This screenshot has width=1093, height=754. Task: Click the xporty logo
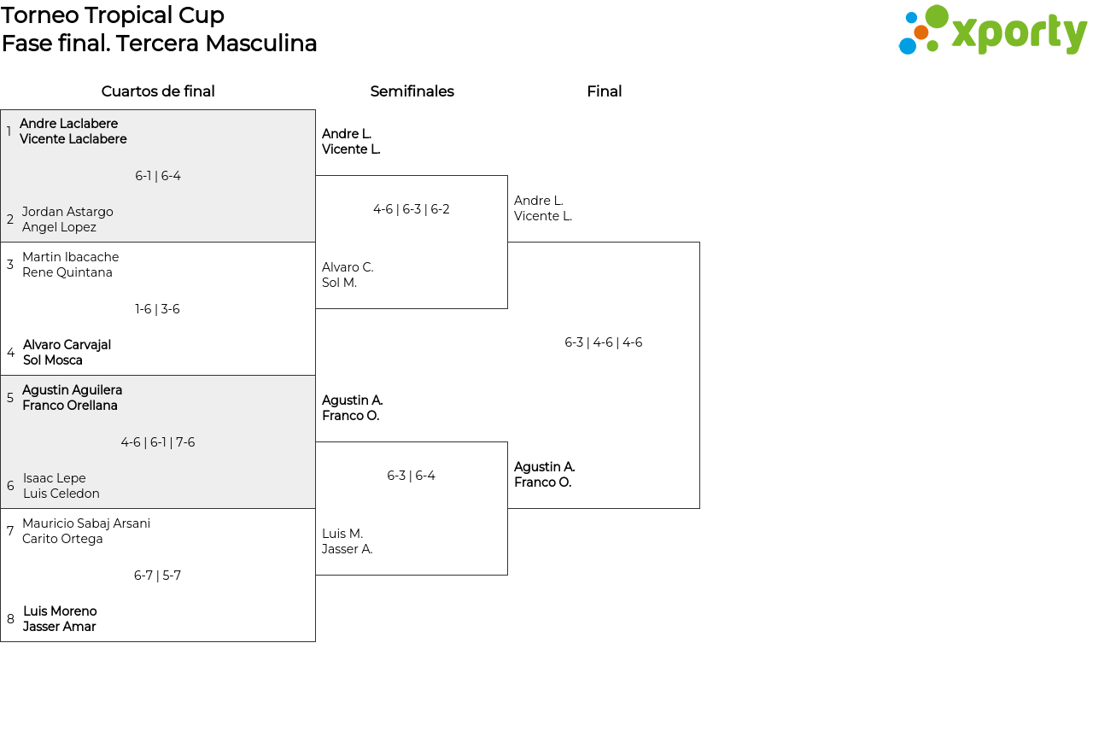point(992,30)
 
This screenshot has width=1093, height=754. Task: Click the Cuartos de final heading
point(158,91)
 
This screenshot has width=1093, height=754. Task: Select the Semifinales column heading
point(412,91)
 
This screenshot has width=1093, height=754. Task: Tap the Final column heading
point(604,91)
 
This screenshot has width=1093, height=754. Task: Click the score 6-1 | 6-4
point(158,176)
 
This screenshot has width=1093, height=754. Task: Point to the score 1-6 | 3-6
point(157,309)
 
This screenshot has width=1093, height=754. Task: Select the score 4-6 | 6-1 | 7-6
point(158,442)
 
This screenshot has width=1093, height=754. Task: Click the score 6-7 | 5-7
point(157,576)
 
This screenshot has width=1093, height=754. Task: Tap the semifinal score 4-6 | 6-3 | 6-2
point(411,209)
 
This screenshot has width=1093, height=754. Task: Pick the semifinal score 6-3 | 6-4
point(411,476)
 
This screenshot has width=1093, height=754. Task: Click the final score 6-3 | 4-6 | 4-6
point(603,342)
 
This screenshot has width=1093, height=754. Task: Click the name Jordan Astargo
point(67,211)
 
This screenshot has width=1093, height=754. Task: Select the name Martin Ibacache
point(70,257)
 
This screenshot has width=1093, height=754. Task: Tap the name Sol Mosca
point(53,360)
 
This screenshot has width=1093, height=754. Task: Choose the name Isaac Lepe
point(54,478)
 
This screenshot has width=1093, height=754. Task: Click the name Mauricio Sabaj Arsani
point(86,523)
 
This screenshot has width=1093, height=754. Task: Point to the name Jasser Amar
point(59,627)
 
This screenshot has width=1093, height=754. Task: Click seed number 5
point(10,398)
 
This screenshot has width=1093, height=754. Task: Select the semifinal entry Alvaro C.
point(348,267)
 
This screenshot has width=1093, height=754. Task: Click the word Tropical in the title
point(129,15)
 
